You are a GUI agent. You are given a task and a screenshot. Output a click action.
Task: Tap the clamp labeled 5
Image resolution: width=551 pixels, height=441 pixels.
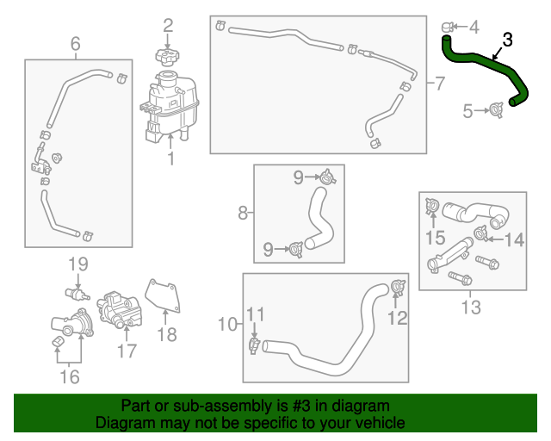point(496,109)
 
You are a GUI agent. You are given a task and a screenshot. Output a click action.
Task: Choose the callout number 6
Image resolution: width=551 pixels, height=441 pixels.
point(75,43)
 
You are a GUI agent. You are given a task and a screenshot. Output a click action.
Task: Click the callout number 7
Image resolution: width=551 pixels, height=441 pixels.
point(439,84)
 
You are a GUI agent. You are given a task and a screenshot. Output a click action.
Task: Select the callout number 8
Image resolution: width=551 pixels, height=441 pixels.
point(243,212)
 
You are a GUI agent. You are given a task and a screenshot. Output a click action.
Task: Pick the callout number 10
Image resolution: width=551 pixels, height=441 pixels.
point(227,324)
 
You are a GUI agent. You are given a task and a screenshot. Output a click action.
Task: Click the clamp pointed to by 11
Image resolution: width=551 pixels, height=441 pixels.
point(254,345)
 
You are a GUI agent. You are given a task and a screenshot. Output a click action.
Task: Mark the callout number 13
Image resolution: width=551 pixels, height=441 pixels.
point(470,307)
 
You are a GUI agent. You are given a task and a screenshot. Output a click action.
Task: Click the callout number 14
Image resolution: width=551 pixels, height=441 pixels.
point(514,240)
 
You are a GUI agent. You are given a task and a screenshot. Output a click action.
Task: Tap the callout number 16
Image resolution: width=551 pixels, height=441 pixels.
point(69,376)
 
